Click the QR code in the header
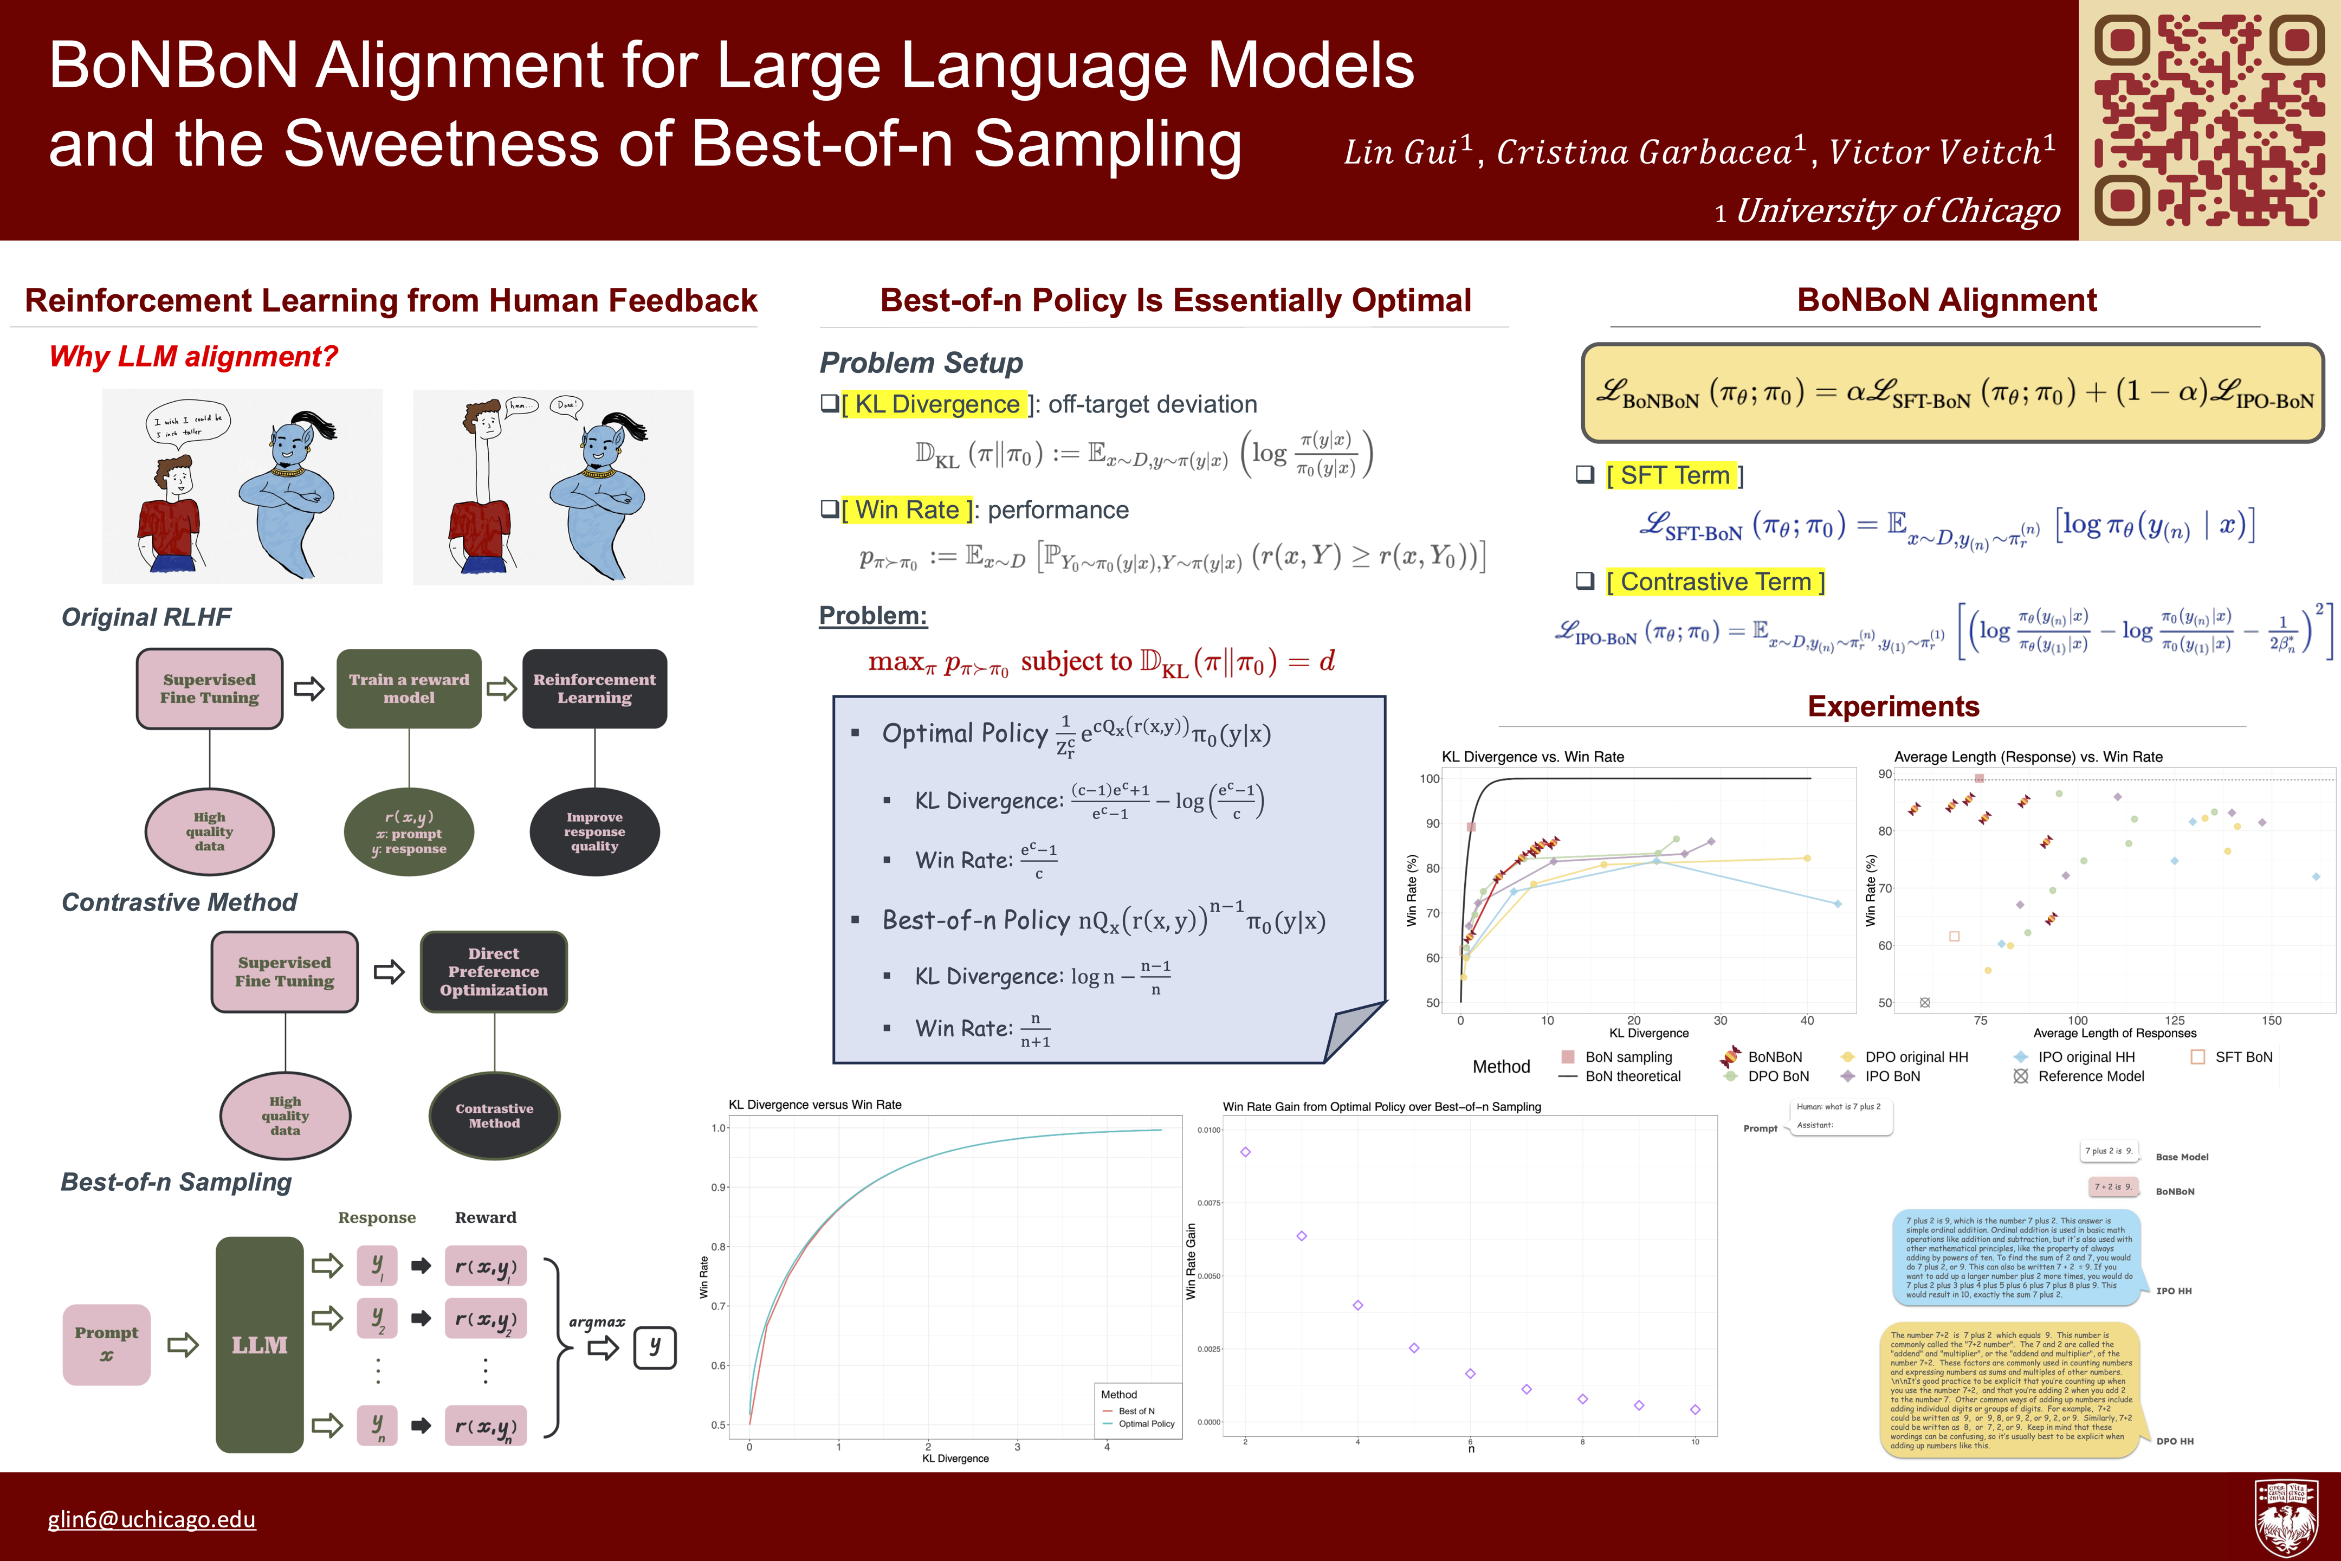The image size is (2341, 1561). click(2209, 119)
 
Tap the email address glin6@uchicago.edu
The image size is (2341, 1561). click(151, 1519)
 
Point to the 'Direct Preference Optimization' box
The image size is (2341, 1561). click(494, 972)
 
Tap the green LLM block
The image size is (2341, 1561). click(260, 1345)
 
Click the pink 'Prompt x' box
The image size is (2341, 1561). click(107, 1344)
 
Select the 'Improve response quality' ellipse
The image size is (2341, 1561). click(594, 831)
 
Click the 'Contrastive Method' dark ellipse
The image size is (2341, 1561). click(495, 1116)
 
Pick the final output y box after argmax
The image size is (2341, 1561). click(655, 1347)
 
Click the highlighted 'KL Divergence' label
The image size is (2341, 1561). click(936, 404)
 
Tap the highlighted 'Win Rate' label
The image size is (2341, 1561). click(907, 509)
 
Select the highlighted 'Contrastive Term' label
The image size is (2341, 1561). click(1715, 582)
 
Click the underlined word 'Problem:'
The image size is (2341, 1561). click(873, 615)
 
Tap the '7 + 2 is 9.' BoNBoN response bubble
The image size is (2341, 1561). click(2113, 1186)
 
